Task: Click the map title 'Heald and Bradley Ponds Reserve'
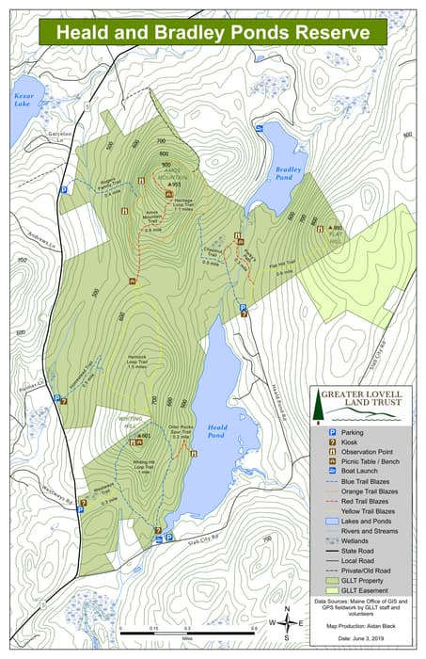point(212,31)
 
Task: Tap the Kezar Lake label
point(23,100)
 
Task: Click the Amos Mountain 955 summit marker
point(168,185)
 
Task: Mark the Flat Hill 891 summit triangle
point(330,229)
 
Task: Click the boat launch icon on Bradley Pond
point(259,126)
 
